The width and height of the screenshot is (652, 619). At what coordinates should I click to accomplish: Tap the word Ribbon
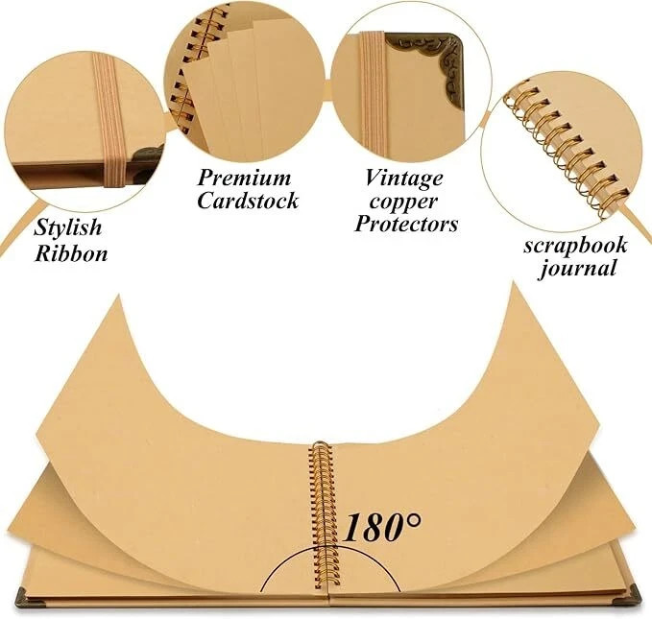tap(71, 253)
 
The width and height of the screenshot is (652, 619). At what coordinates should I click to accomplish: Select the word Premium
tap(244, 178)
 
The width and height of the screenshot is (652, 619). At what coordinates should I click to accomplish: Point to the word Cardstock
tap(248, 202)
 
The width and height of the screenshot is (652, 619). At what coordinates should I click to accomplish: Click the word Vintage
tap(403, 178)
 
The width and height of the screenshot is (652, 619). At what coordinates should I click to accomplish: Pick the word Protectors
tap(406, 225)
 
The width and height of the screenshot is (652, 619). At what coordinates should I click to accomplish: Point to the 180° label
tap(383, 526)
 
